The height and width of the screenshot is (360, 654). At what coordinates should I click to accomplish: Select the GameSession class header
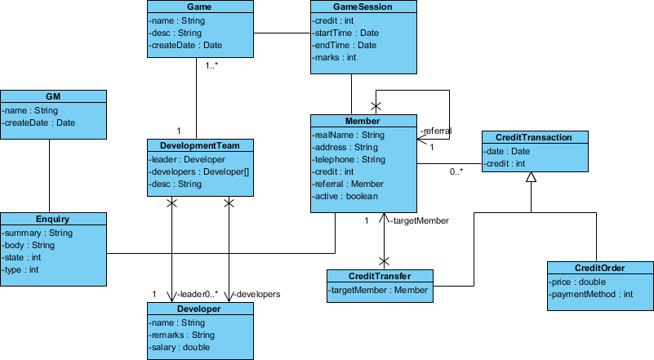coord(352,7)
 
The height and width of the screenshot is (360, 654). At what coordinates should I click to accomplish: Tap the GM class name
coord(54,96)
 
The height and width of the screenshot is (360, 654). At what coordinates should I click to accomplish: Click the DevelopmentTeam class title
coord(200,145)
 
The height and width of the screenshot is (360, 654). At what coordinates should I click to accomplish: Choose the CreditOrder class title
coord(601,268)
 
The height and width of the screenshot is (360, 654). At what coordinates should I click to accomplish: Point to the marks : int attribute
coord(335,58)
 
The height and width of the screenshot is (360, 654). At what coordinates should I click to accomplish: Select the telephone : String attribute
coord(349,159)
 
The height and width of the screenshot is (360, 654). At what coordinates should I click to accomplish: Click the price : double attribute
coord(578,282)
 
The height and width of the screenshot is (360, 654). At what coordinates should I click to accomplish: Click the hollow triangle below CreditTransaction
coord(531,177)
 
